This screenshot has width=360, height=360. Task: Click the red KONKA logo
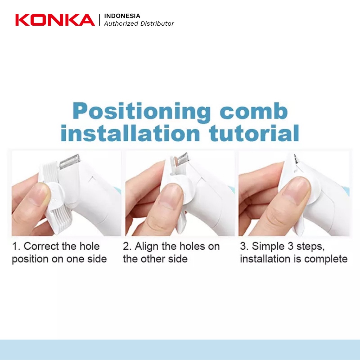pos(55,20)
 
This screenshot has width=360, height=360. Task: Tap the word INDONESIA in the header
pos(122,16)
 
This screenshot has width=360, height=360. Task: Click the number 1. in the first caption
pos(16,246)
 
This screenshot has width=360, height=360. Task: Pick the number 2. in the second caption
pos(127,246)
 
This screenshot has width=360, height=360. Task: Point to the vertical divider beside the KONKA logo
pos(99,20)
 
